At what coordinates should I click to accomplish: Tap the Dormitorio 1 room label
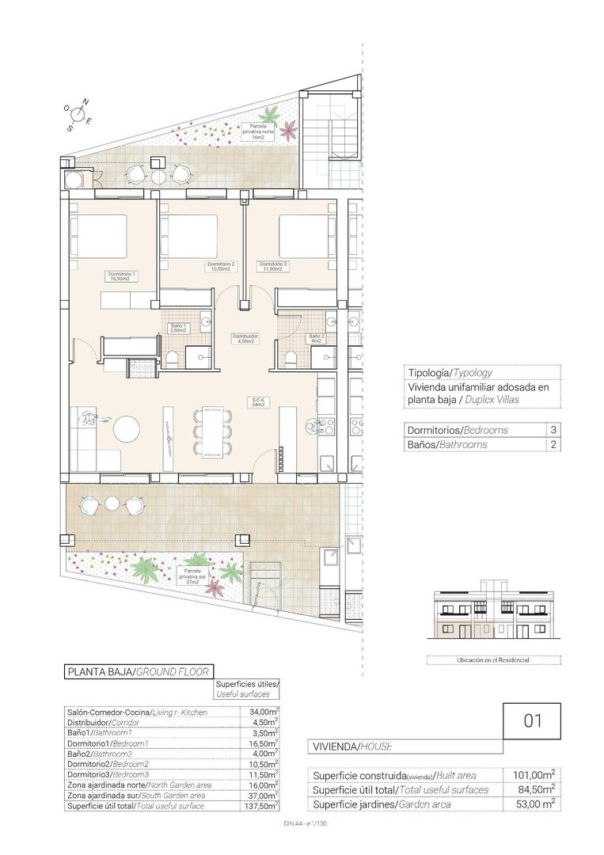coord(123,276)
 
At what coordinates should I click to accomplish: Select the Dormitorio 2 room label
coord(221,266)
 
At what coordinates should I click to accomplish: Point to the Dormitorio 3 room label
coord(273,266)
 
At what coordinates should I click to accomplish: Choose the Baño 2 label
coord(316,339)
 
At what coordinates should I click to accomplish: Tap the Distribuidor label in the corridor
coord(245,339)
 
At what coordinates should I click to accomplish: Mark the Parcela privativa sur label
coord(196,574)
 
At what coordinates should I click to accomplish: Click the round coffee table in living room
coord(127,430)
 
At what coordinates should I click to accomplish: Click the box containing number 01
coord(532,721)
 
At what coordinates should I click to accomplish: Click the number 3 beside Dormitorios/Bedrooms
coord(552,430)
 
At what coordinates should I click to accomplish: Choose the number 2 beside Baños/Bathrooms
coord(552,445)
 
